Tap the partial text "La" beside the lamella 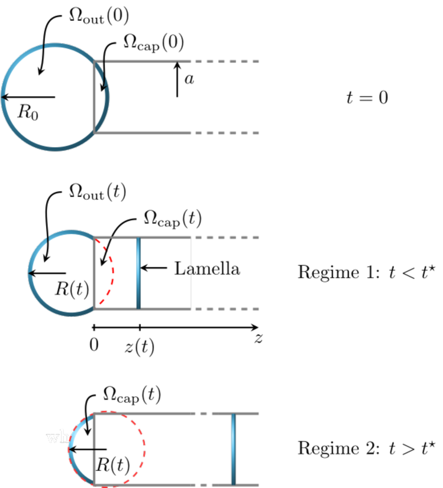[x=182, y=269]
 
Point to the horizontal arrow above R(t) [x=47, y=273]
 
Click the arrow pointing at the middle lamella [x=154, y=268]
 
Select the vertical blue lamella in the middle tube [x=138, y=273]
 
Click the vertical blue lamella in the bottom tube [x=234, y=449]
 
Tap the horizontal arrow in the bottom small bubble [x=83, y=450]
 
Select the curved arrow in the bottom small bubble [x=89, y=426]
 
